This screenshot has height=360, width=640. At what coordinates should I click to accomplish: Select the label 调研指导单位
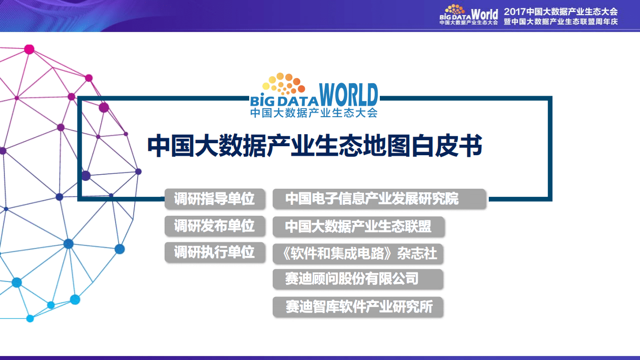pyautogui.click(x=214, y=199)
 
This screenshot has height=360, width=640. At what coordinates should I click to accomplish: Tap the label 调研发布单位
pyautogui.click(x=214, y=226)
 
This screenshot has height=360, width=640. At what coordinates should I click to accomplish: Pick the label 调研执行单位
pyautogui.click(x=214, y=252)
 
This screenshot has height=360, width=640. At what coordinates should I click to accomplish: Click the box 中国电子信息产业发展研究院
pyautogui.click(x=379, y=199)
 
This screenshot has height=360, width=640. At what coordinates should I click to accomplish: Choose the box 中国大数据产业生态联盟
pyautogui.click(x=358, y=226)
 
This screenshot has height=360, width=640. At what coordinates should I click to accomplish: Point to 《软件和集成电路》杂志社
pyautogui.click(x=358, y=253)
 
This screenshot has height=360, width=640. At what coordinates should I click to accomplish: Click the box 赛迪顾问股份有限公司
pyautogui.click(x=357, y=279)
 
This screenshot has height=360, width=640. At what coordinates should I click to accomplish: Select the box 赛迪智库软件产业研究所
pyautogui.click(x=358, y=306)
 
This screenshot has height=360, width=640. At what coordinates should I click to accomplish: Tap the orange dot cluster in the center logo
pyautogui.click(x=283, y=83)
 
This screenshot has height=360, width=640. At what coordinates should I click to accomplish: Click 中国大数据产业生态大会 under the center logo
pyautogui.click(x=314, y=113)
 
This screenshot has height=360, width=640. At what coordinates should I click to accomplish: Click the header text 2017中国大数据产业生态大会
pyautogui.click(x=560, y=12)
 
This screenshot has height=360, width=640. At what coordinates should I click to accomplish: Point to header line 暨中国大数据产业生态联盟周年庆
pyautogui.click(x=560, y=22)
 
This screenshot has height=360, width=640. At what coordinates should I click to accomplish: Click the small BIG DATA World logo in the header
pyautogui.click(x=468, y=15)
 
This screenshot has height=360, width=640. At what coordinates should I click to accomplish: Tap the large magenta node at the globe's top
pyautogui.click(x=29, y=49)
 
